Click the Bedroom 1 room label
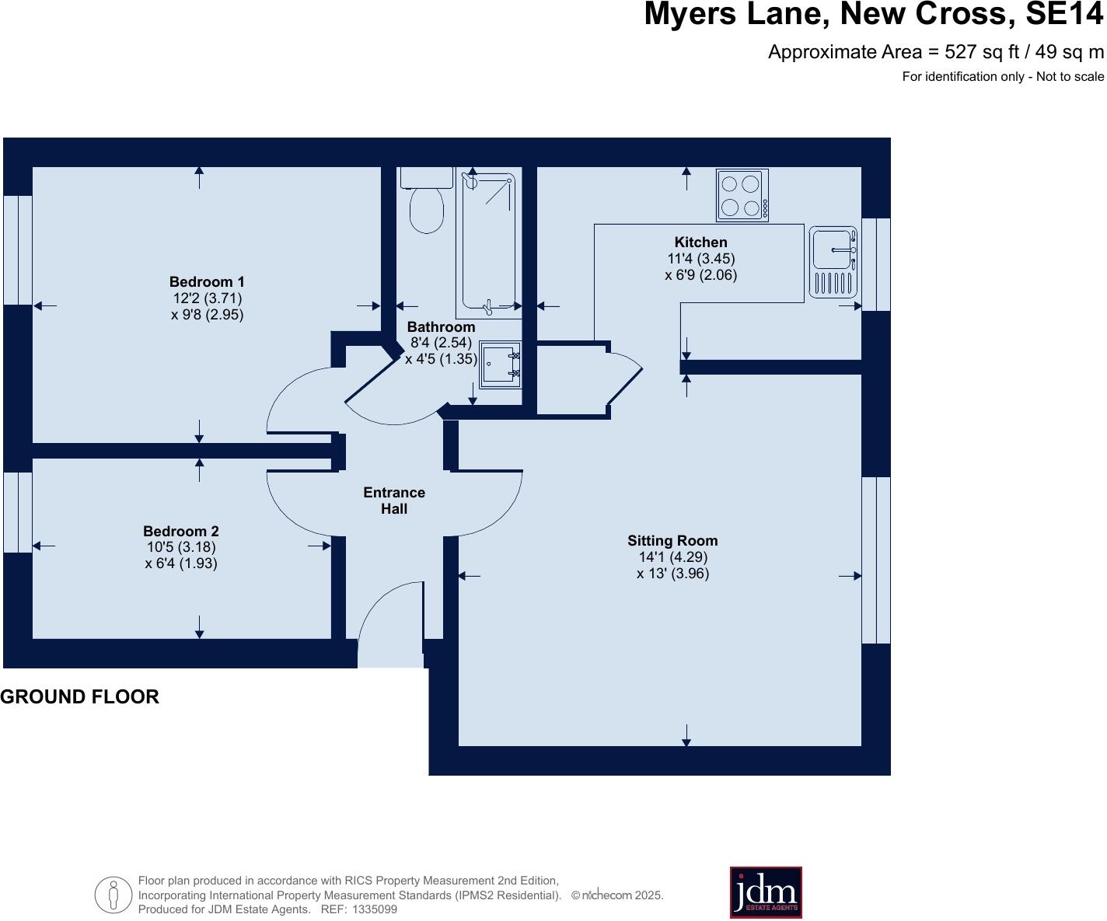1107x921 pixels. click(207, 282)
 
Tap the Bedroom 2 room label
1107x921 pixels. click(180, 532)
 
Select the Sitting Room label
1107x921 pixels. click(672, 541)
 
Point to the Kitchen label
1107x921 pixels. click(700, 242)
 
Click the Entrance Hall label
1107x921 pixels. click(394, 501)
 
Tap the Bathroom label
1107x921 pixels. click(441, 327)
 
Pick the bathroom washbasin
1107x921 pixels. click(500, 365)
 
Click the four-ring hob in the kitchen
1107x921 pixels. click(742, 195)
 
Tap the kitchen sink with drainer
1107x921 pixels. click(833, 262)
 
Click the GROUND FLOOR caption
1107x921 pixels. click(79, 697)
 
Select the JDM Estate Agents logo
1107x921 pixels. click(766, 892)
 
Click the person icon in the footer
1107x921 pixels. click(113, 895)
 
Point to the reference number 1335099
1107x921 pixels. click(375, 909)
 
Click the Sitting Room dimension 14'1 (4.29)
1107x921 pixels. click(672, 557)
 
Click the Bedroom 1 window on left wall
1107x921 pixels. click(18, 249)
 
